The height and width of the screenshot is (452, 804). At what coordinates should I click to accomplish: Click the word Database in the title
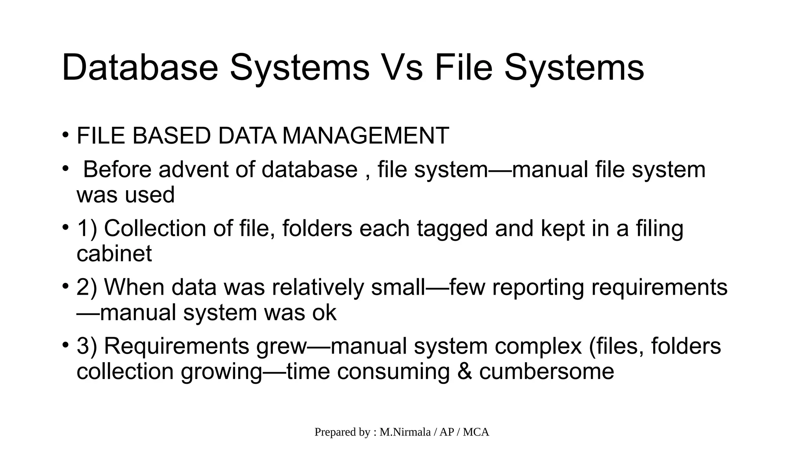point(140,67)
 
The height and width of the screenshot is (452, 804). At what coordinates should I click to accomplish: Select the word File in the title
point(463,67)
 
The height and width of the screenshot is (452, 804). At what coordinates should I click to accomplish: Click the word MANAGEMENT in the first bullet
point(365,136)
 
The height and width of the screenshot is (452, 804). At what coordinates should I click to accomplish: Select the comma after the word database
point(367,175)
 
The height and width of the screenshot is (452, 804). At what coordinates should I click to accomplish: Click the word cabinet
point(114,253)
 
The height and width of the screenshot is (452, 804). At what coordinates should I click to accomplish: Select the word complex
point(538,346)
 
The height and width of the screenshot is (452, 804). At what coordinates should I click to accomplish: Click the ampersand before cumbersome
point(464,372)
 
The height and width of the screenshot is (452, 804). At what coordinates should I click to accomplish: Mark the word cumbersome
point(546,372)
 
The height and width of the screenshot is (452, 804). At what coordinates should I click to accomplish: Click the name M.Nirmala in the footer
point(405,432)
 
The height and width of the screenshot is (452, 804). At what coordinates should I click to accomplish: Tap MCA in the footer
point(476,432)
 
